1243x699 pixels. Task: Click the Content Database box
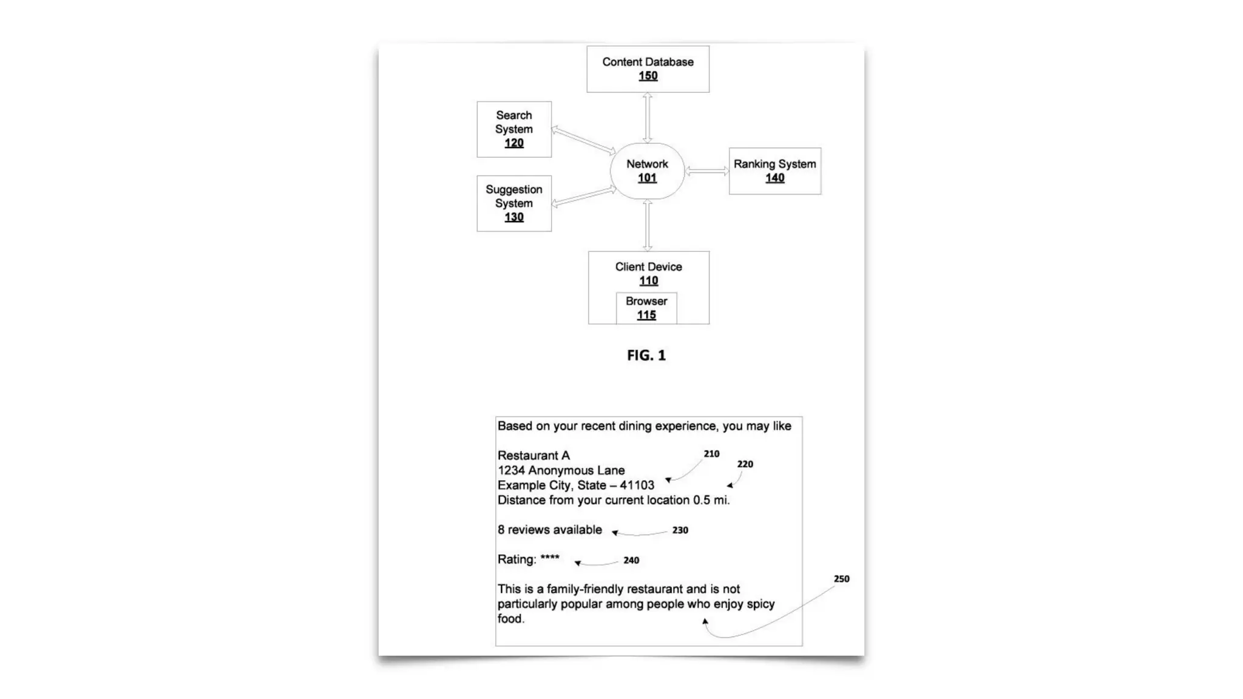[x=648, y=69]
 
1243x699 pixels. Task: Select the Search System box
[x=514, y=129]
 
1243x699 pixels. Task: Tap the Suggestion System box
[x=514, y=203]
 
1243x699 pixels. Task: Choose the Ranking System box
[x=774, y=171]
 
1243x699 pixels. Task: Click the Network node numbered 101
[x=647, y=171]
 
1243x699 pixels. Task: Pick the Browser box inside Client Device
[x=646, y=308]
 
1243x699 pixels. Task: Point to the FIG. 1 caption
[x=646, y=356]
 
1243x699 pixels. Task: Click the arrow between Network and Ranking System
[x=707, y=172]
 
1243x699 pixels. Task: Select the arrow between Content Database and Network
[x=648, y=118]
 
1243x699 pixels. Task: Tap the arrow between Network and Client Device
[x=648, y=225]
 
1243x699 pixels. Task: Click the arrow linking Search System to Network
[x=583, y=141]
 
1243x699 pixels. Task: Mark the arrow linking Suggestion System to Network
[x=583, y=197]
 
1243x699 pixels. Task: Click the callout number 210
[x=711, y=454]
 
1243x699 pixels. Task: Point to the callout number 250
[x=841, y=579]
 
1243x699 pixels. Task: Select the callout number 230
[x=680, y=530]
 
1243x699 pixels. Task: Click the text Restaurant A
[x=533, y=456]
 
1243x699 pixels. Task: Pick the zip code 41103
[x=637, y=485]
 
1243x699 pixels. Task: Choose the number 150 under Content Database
[x=648, y=76]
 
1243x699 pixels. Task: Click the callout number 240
[x=631, y=561]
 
